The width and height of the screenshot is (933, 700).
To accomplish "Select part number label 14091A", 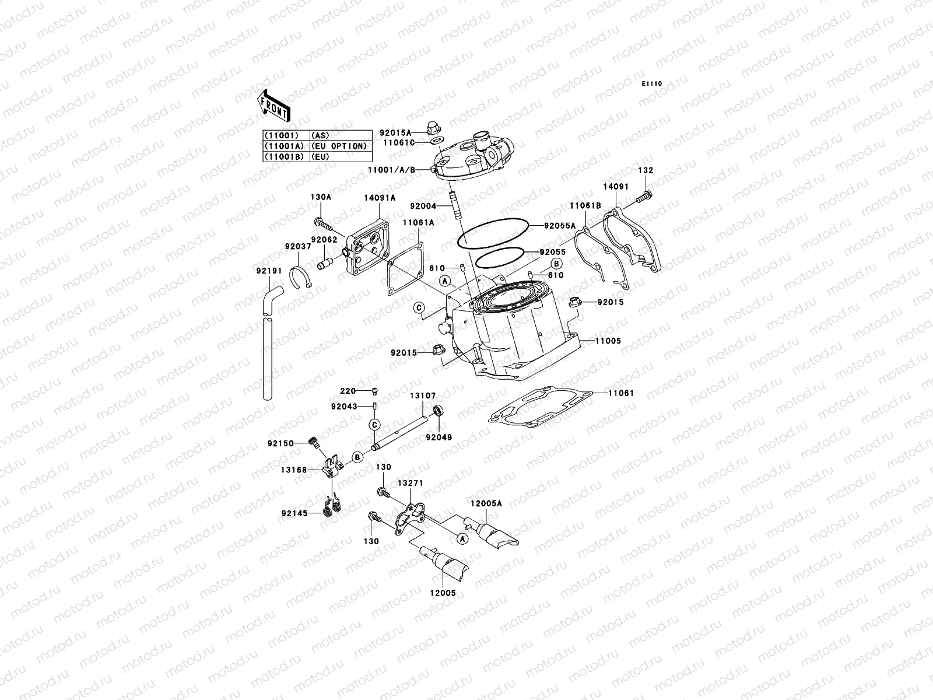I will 380,198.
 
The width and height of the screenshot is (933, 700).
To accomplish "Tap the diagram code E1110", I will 653,84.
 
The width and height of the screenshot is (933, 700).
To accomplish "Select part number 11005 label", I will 608,341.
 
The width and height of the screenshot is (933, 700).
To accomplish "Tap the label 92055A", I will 560,225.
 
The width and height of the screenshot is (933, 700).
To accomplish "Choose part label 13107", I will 423,396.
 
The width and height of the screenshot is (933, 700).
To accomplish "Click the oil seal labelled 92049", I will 440,411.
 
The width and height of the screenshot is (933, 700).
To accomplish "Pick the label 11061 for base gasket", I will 621,394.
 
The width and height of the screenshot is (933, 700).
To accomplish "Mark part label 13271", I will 410,484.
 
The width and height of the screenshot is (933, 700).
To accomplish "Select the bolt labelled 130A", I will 320,222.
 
